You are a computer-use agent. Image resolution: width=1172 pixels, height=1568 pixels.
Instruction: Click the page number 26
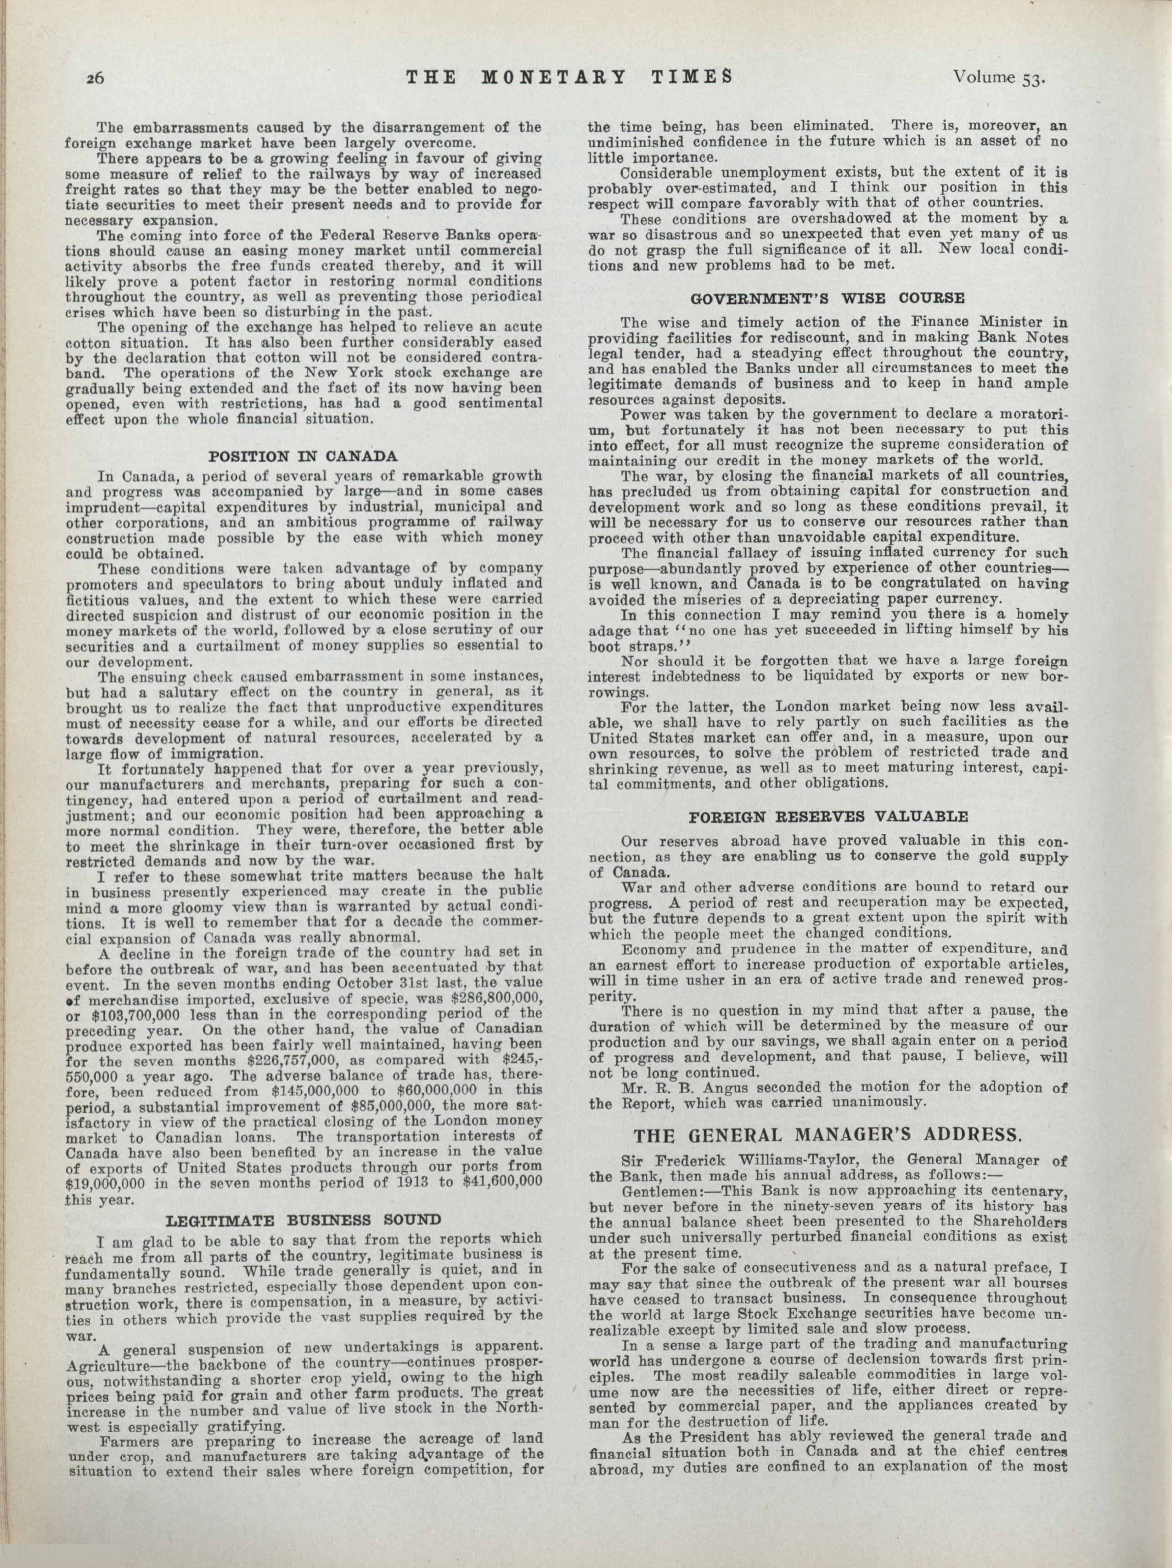[95, 78]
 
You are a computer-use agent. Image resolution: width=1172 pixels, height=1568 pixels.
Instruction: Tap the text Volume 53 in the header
[1000, 78]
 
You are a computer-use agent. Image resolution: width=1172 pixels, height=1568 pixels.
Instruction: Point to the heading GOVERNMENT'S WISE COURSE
[827, 298]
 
